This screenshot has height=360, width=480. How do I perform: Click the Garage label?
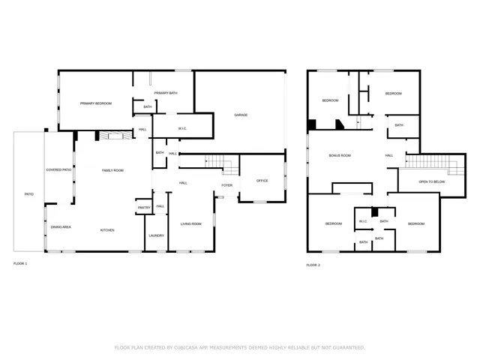[241, 115]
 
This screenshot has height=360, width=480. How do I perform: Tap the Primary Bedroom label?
[96, 103]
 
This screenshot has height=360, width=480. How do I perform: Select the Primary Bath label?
[166, 92]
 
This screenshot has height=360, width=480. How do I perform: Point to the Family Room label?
[112, 171]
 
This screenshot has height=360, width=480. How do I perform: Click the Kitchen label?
[107, 230]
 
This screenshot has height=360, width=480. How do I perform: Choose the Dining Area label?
[61, 226]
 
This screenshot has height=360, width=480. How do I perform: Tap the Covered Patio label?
[58, 170]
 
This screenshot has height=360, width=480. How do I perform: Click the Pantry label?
[144, 208]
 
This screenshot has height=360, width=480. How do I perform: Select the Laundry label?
[156, 235]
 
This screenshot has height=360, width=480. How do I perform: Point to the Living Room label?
[190, 224]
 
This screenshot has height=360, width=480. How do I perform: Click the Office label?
[262, 181]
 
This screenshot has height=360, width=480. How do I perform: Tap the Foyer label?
[226, 185]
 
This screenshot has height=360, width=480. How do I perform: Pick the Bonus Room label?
[340, 155]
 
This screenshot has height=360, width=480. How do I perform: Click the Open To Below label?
[421, 181]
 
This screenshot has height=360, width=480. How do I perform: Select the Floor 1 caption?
[20, 264]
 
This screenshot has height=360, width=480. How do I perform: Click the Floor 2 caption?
[313, 265]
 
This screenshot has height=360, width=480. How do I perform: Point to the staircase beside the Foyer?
[219, 161]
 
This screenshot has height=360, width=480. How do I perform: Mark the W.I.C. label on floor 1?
[182, 128]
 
